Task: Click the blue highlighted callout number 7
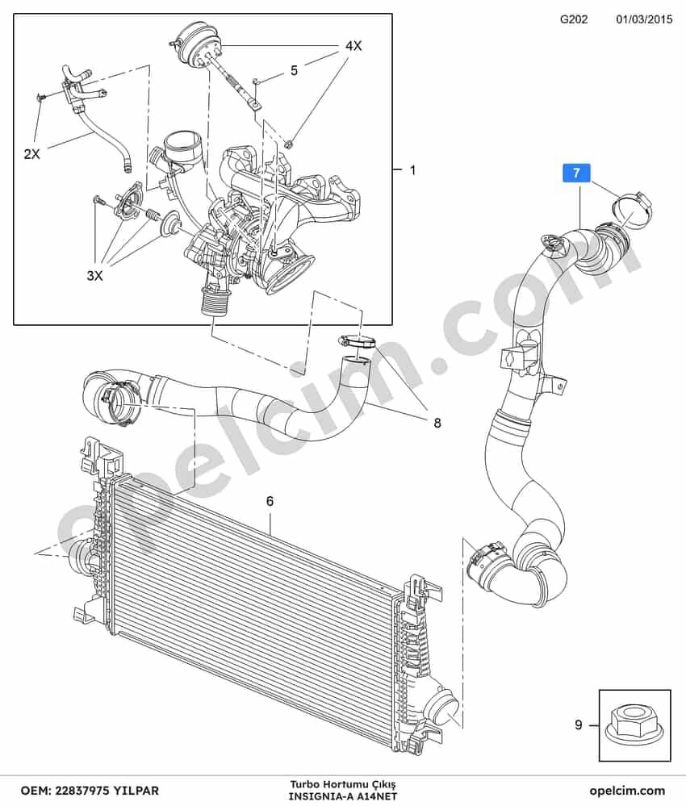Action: [576, 173]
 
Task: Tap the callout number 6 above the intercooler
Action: [270, 500]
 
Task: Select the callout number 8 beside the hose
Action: [437, 423]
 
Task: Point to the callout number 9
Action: [579, 725]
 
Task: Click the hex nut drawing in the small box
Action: [635, 725]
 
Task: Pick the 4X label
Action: [353, 46]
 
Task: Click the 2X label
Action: [32, 153]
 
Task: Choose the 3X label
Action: [94, 275]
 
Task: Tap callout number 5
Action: [294, 70]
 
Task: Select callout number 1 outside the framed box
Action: [412, 169]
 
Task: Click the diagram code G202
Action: [573, 19]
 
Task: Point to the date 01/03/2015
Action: [644, 19]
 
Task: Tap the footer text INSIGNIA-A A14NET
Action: [342, 796]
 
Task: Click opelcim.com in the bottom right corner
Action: [627, 790]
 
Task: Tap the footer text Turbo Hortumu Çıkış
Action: [342, 786]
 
